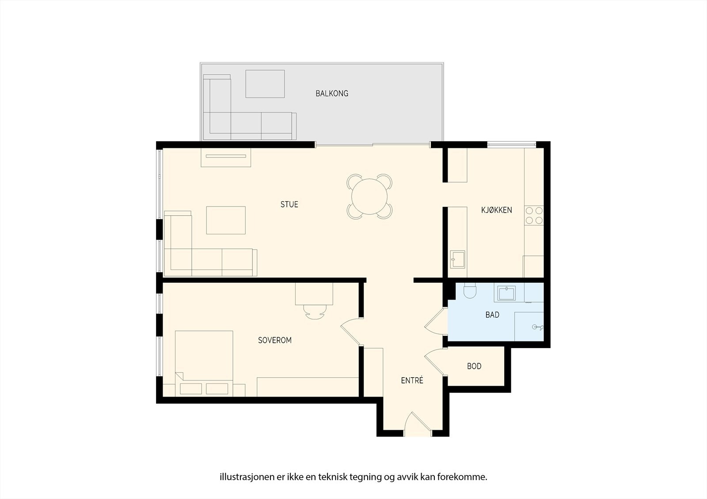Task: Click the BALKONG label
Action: [332, 94]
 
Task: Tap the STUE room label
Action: [289, 204]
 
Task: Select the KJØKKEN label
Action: [496, 210]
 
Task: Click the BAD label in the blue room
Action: [492, 315]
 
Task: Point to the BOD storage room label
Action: [474, 366]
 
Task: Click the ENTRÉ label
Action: [412, 380]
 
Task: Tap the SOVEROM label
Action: [275, 340]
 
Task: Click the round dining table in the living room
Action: [369, 196]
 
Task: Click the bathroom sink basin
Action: [506, 293]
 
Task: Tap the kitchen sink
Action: [457, 259]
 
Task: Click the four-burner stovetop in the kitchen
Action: [534, 215]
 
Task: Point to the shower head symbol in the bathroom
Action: [537, 327]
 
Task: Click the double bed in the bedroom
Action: [204, 357]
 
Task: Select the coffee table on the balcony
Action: [265, 83]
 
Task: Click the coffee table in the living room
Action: [226, 220]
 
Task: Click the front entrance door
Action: [418, 424]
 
